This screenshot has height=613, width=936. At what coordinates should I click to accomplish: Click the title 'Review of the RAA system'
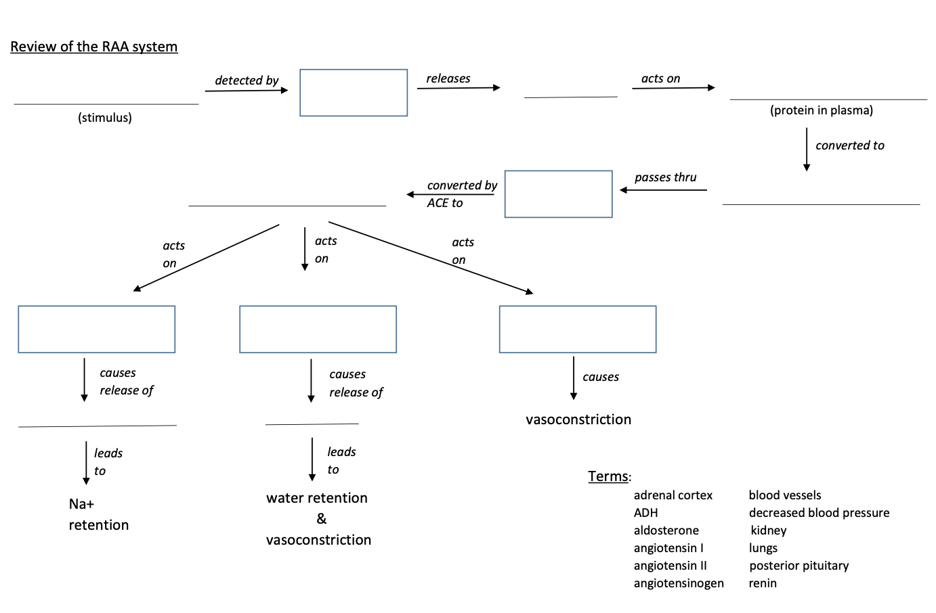pos(93,47)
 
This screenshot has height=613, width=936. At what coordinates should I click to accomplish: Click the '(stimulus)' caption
pos(105,118)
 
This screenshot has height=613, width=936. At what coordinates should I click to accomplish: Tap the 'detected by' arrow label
pos(247,80)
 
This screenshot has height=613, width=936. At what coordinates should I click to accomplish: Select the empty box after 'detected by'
pos(354,93)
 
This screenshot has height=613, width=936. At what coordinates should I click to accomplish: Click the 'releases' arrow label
pos(448,78)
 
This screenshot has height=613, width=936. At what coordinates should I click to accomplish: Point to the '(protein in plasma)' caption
pos(821,110)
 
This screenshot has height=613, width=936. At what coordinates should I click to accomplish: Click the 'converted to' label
pos(849,145)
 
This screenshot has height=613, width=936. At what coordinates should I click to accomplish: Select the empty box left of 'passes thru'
pos(558,194)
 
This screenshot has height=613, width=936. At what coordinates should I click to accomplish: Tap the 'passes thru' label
pos(665,177)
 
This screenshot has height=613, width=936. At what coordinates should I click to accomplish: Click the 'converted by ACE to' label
pos(461,194)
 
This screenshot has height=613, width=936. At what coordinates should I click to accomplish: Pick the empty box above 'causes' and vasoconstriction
pos(577,330)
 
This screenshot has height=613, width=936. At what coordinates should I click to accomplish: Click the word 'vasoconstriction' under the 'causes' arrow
pos(578,419)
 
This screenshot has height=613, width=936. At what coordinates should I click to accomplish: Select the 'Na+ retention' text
pos(98,514)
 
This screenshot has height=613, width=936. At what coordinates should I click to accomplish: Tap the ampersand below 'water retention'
pos(321,519)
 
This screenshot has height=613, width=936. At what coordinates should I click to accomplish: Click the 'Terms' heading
pos(608,476)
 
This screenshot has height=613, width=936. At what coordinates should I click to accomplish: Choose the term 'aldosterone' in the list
pos(666,530)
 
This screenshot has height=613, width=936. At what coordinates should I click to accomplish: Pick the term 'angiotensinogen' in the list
pos(678,583)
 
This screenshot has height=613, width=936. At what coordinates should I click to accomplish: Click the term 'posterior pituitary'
pos(799,566)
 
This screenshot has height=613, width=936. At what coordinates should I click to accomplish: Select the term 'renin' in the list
pos(763,583)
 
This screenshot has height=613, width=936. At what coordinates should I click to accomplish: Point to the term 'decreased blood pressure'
pos(819,513)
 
